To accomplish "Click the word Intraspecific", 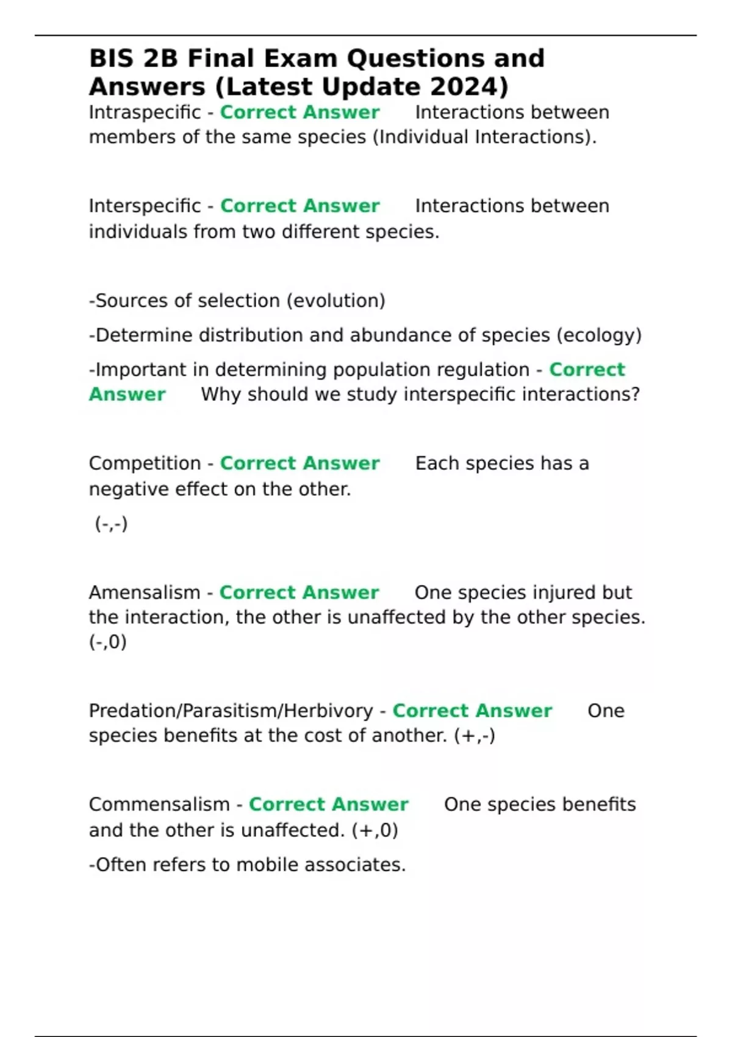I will [x=145, y=113].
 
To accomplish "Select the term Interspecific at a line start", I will [x=145, y=206].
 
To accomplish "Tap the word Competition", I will [x=145, y=464].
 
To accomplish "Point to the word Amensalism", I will [x=145, y=593].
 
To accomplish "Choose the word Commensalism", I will [x=159, y=805].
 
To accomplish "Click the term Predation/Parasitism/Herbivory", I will [x=231, y=711].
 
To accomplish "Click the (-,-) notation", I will [x=111, y=523].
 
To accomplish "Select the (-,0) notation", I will [x=108, y=642].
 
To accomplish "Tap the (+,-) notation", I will [x=475, y=736].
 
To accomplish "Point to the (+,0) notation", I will [x=375, y=830].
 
